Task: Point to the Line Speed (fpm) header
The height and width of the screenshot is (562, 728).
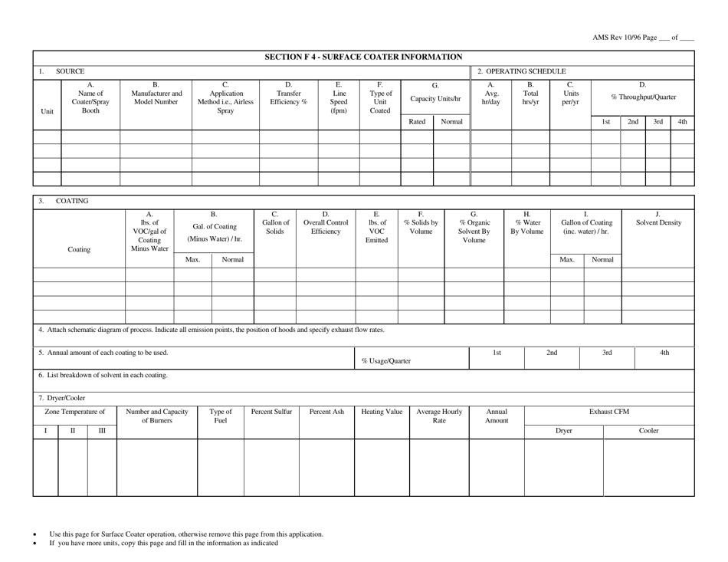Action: tap(339, 97)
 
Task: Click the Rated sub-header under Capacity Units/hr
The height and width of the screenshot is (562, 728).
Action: tap(417, 122)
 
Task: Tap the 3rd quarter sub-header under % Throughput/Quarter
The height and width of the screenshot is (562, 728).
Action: tap(657, 122)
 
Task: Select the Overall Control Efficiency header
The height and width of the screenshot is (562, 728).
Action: tap(325, 222)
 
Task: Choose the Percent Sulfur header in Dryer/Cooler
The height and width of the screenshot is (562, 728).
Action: tap(271, 412)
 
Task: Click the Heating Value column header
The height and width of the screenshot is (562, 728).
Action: tap(381, 412)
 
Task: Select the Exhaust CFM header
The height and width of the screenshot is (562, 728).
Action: tap(609, 412)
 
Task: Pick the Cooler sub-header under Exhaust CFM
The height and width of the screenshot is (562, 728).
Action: tap(649, 431)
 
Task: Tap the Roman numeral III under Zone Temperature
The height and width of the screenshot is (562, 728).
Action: tap(102, 431)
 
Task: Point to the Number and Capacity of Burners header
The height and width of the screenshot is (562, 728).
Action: tap(156, 416)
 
